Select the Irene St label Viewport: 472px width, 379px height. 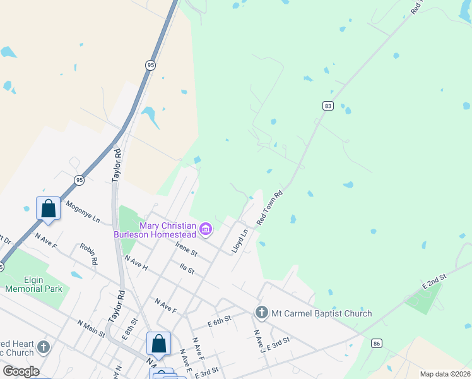tap(186, 250)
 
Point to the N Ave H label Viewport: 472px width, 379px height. tap(136, 263)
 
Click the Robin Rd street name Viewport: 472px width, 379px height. tap(89, 253)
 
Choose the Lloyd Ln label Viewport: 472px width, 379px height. tap(239, 241)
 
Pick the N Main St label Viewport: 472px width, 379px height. tap(91, 328)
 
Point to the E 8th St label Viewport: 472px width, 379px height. tap(129, 329)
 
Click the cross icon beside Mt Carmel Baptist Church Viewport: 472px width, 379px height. tap(261, 312)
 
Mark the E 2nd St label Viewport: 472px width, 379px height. tap(435, 282)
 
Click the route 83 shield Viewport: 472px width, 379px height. tap(327, 106)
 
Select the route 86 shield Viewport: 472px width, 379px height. tap(377, 343)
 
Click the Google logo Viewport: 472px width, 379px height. tap(21, 371)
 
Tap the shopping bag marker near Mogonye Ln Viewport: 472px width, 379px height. tap(49, 208)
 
